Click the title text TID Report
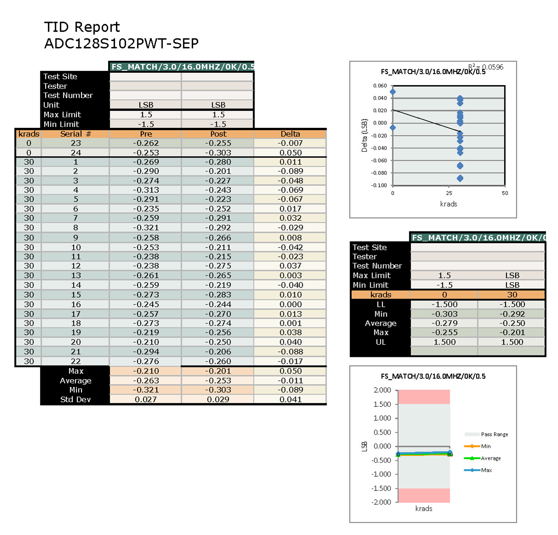(82, 27)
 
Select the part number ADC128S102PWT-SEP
(121, 44)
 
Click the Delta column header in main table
(290, 134)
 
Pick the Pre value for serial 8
(146, 228)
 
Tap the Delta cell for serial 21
(290, 352)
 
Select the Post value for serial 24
(218, 153)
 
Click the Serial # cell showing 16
(76, 305)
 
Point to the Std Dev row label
(75, 400)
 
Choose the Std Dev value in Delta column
(290, 400)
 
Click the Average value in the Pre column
(146, 381)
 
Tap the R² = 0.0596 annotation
(486, 67)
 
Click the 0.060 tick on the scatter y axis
(380, 86)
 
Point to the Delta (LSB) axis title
(364, 136)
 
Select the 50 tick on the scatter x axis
(505, 193)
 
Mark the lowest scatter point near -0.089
(460, 178)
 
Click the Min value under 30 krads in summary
(512, 314)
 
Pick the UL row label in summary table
(380, 342)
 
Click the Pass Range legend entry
(494, 434)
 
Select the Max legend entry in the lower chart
(486, 470)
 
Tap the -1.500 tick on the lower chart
(381, 489)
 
